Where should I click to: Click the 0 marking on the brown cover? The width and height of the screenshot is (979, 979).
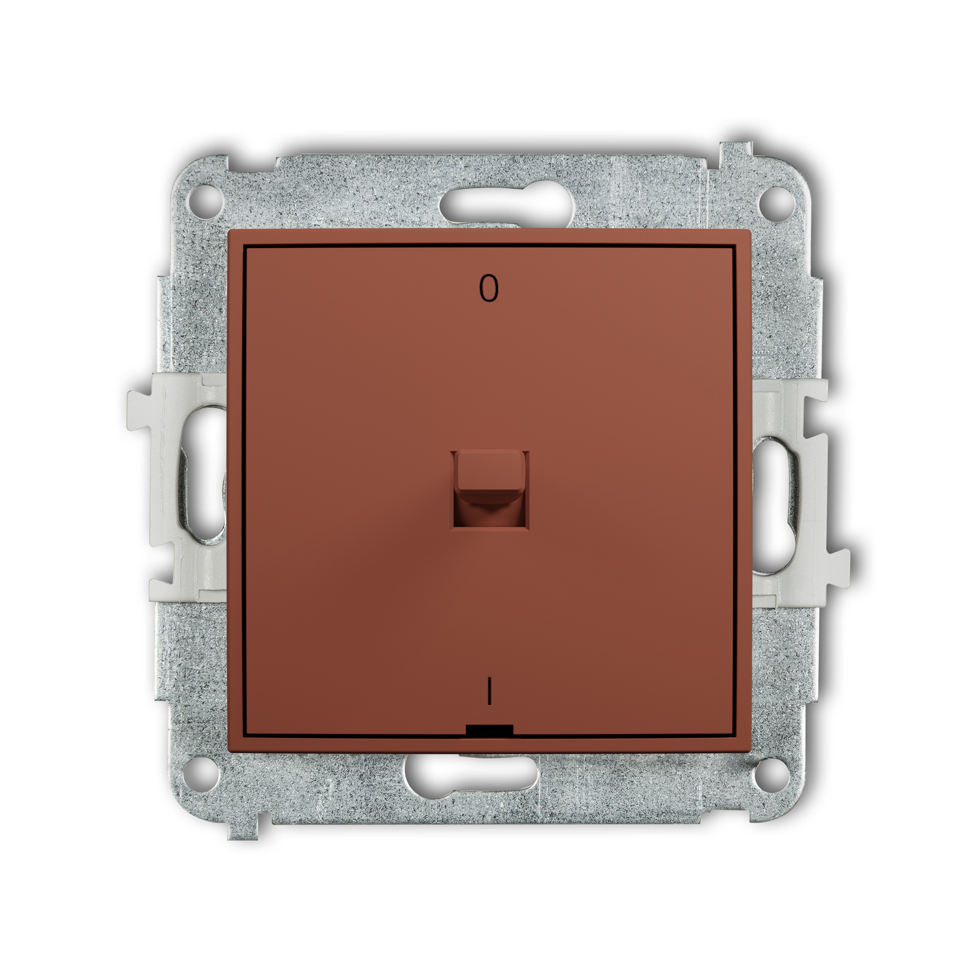point(489,289)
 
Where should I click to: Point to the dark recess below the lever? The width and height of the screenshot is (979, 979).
point(490,514)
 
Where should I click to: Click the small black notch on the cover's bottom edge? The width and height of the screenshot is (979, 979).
point(489,730)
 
